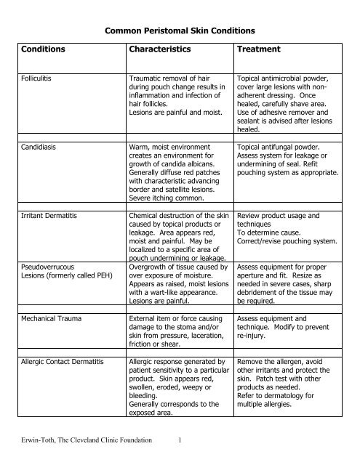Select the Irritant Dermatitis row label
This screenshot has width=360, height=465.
48,216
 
